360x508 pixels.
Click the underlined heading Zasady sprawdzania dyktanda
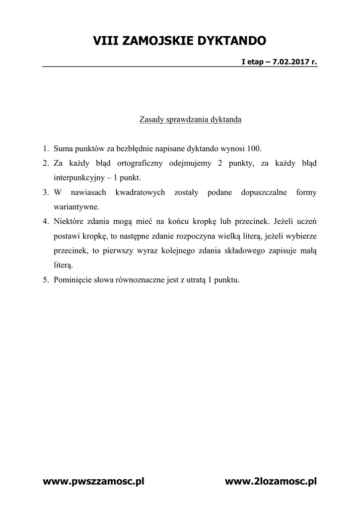191,120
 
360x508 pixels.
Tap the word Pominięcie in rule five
71,280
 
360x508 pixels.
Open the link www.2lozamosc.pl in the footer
271,481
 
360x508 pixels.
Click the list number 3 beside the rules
45,192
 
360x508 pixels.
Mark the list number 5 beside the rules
45,280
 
